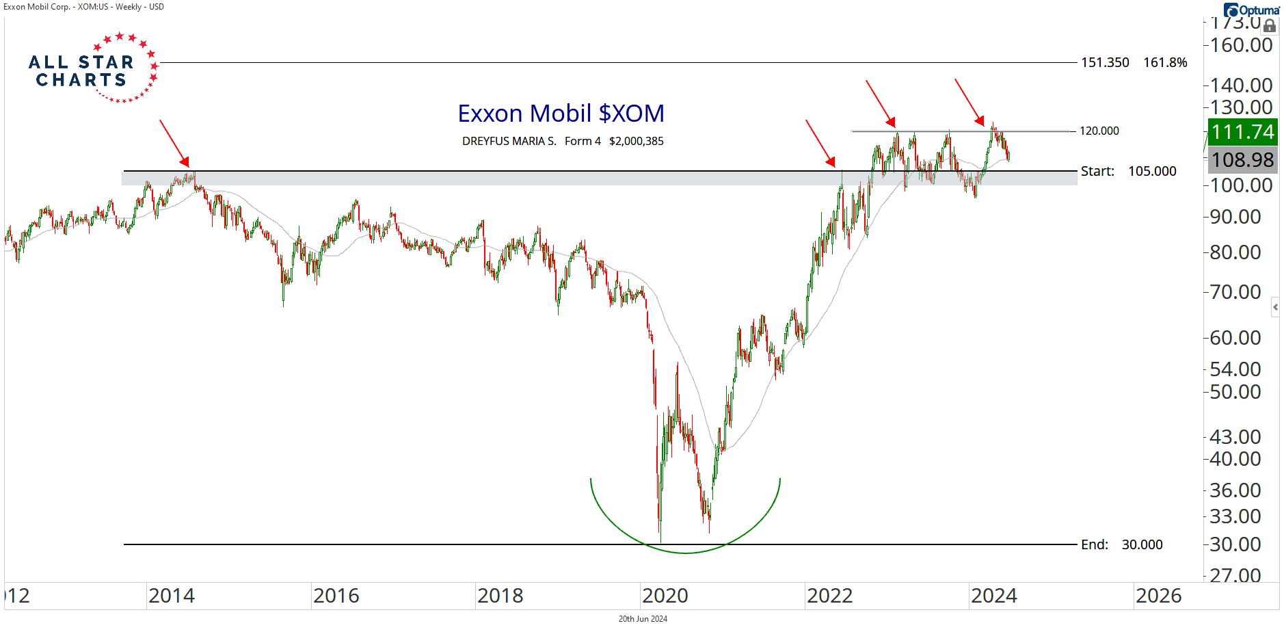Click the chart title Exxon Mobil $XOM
561,114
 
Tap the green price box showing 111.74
1242,131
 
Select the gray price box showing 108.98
1242,160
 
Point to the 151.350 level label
1105,62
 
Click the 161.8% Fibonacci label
1165,62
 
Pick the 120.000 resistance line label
1099,131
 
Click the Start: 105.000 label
1128,171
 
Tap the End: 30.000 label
1121,544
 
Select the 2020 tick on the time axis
665,596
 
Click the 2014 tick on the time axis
171,596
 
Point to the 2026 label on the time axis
1158,596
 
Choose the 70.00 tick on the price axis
1235,292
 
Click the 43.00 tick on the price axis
1235,436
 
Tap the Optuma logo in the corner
1251,10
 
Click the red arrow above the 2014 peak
174,143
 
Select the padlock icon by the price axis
1269,26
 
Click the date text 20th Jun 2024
643,619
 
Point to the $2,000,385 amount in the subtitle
636,142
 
